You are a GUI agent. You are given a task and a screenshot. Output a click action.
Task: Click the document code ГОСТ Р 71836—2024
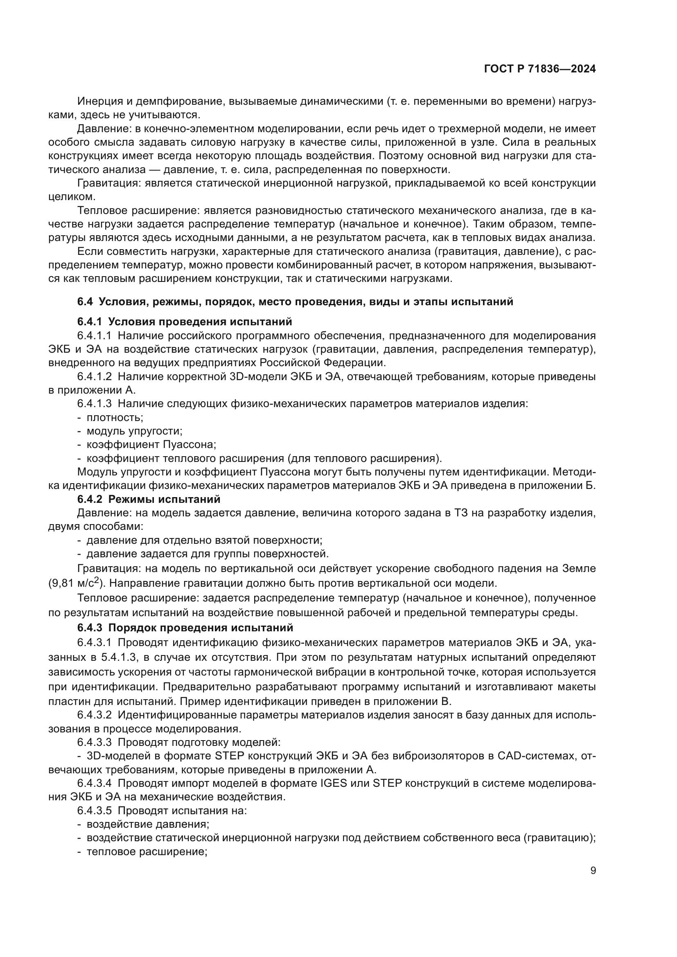(x=539, y=69)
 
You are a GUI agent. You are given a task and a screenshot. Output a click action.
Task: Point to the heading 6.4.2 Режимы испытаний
(x=149, y=499)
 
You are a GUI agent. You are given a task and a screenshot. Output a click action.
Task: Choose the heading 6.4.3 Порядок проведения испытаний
(x=185, y=628)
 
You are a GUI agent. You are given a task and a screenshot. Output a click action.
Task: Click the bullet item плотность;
(x=115, y=417)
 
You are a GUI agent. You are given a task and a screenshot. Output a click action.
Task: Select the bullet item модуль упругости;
(x=134, y=431)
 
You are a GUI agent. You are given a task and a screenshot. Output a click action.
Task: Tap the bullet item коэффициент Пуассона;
(x=151, y=445)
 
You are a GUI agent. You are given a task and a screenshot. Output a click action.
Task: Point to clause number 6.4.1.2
(x=94, y=377)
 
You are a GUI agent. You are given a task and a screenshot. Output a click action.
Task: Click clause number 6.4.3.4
(x=94, y=783)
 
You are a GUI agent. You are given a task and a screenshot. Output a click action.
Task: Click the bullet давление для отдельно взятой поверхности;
(x=204, y=540)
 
